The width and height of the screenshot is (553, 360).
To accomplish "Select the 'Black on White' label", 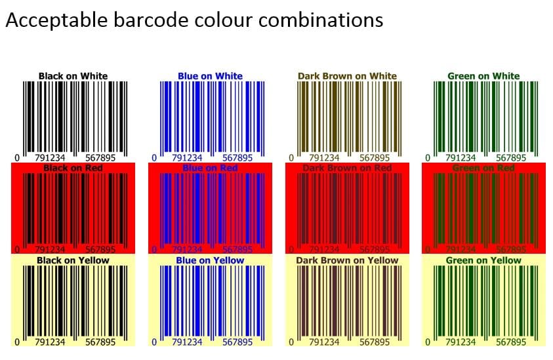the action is tap(73, 76).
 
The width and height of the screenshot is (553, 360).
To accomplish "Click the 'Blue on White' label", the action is tap(210, 76).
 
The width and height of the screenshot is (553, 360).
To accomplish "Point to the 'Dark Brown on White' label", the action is tap(347, 76).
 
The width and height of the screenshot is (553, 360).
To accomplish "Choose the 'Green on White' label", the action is tap(483, 76).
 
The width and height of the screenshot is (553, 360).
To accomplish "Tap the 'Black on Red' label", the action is tap(73, 168).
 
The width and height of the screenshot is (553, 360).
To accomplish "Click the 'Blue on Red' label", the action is tap(210, 169).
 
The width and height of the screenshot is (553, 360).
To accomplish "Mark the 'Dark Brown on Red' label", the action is tap(347, 169).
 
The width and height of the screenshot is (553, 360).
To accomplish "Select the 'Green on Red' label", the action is tap(483, 169).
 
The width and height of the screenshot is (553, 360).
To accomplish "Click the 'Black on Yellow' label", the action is tap(73, 260).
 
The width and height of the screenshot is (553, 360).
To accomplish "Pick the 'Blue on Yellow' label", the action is tap(210, 260).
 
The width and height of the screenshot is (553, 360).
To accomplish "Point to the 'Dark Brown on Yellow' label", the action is tap(347, 260).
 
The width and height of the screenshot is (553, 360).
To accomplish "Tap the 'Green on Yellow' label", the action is tap(483, 260).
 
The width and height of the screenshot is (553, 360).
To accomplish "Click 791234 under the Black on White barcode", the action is tap(50, 158).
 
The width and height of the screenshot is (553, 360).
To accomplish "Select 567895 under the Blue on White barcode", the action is tap(237, 158).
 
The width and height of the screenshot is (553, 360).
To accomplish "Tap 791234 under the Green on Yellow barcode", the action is tap(461, 342).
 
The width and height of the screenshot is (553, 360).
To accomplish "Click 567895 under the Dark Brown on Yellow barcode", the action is tap(375, 342).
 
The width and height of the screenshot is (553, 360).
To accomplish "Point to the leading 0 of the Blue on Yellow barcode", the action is tap(154, 342).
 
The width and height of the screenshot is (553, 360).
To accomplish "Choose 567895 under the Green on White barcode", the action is tap(511, 158).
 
